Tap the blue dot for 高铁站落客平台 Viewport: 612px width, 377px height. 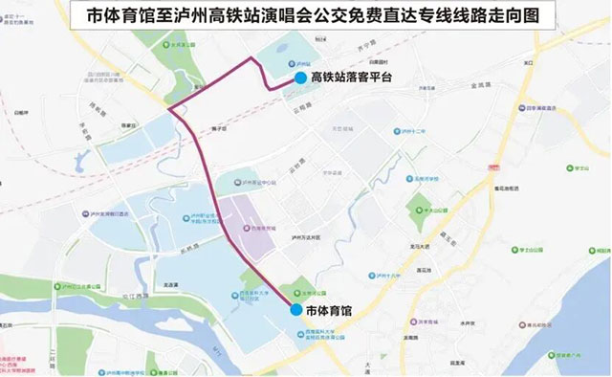click(301, 78)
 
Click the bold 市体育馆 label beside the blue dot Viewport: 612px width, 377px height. click(329, 311)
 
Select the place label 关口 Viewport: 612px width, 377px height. click(527, 64)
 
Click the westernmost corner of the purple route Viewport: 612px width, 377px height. click(168, 109)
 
